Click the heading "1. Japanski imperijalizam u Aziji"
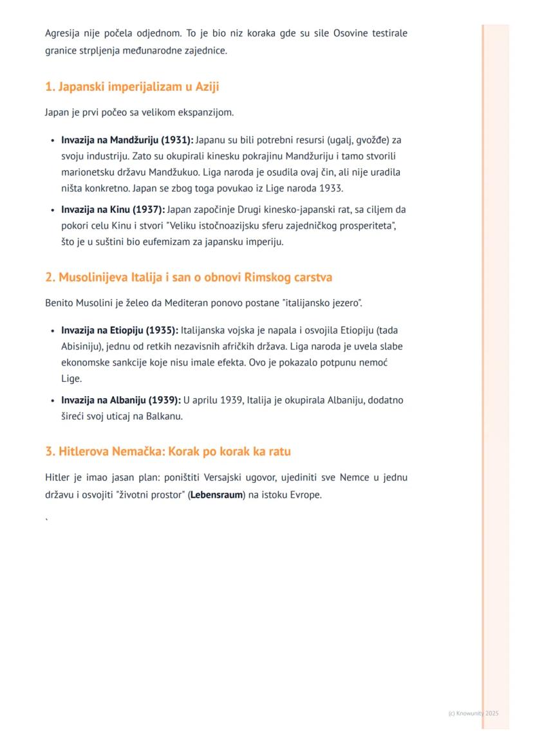[132, 87]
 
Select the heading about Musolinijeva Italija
[189, 277]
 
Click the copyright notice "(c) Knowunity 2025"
[473, 713]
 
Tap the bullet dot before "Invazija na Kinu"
[52, 210]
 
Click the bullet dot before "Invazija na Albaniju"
[52, 400]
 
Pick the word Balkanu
[165, 416]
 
